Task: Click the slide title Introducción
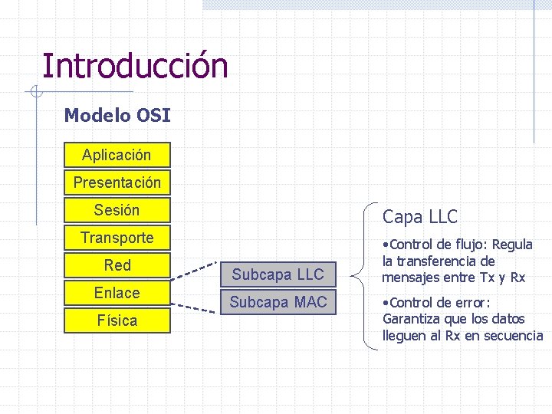tap(135, 66)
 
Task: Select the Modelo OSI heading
tap(117, 116)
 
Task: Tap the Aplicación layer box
tap(117, 155)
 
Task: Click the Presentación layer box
tap(117, 182)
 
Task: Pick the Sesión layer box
tap(117, 210)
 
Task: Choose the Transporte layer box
tap(117, 238)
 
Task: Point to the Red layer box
tap(117, 265)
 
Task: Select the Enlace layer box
tap(117, 293)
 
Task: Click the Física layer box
tap(117, 320)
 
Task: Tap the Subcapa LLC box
tap(278, 274)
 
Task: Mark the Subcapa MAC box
tap(278, 302)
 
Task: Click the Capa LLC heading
tap(419, 217)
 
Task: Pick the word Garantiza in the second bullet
tap(413, 319)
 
